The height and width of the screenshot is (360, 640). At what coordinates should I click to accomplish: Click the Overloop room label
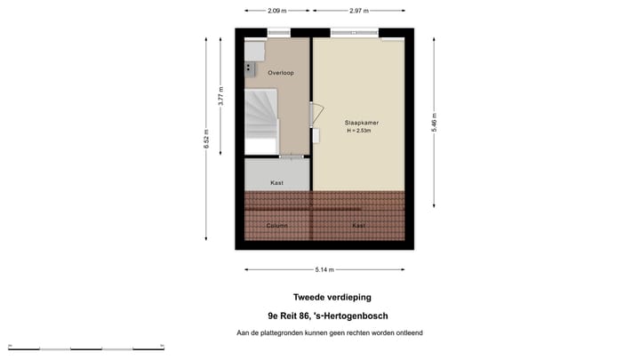click(281, 73)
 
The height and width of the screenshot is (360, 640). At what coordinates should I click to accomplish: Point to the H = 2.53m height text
click(359, 132)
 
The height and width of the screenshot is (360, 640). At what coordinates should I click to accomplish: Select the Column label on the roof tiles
click(276, 226)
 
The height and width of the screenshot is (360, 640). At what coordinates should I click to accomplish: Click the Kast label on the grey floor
click(276, 182)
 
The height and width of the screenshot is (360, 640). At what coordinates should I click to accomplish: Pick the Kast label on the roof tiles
click(358, 226)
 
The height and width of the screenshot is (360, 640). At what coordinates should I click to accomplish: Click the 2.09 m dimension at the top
click(277, 11)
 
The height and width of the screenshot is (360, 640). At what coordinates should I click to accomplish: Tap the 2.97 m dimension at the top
click(359, 11)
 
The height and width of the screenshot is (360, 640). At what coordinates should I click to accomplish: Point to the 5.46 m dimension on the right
click(434, 122)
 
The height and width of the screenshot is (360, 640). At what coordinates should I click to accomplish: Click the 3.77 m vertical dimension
click(221, 96)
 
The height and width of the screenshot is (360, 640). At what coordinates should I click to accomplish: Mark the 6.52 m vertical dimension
click(206, 139)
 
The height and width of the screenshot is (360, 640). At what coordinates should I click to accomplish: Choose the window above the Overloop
click(278, 34)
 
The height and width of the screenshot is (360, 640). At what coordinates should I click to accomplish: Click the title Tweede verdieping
click(332, 297)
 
